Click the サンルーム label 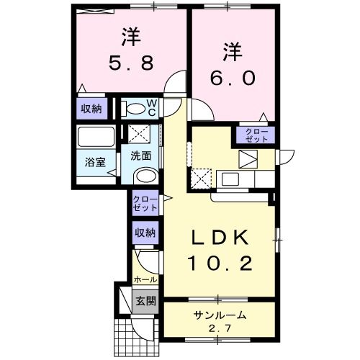[x=219, y=315]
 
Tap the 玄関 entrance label [x=145, y=300]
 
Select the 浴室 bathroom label [x=95, y=162]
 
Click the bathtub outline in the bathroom [x=96, y=138]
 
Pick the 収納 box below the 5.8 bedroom [x=91, y=109]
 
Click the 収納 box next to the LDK [x=144, y=233]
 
